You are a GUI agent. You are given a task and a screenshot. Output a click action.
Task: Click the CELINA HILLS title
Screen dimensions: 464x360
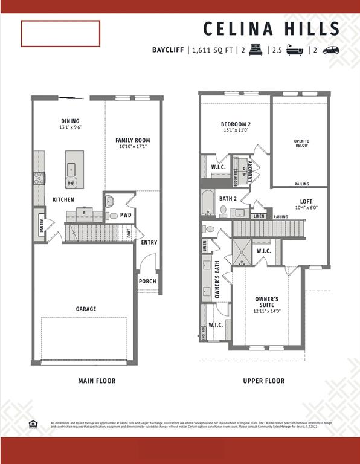tap(271, 28)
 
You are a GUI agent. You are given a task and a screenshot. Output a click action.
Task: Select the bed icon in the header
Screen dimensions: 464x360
tap(254, 50)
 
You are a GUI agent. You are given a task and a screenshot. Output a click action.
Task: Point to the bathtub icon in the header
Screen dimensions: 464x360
tap(294, 50)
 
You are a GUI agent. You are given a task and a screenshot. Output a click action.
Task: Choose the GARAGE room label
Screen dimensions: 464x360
tap(86, 309)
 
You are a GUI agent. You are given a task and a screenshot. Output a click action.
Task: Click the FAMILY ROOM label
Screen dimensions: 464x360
tap(132, 140)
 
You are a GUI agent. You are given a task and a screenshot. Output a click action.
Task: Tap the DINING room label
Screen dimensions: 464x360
tap(70, 121)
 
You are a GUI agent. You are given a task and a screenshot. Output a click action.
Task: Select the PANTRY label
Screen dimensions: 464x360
tap(41, 225)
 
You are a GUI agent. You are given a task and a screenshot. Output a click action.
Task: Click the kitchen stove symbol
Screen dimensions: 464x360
tap(39, 178)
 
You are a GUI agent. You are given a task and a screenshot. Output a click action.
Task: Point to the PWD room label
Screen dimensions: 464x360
tap(126, 214)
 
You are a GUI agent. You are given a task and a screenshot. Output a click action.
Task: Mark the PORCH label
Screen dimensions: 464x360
tap(147, 281)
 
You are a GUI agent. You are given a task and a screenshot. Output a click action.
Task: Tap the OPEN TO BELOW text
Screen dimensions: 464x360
tap(301, 143)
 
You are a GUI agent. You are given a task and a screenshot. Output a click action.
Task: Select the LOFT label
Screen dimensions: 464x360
tap(306, 201)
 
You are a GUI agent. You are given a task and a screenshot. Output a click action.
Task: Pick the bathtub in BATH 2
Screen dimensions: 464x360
tap(208, 203)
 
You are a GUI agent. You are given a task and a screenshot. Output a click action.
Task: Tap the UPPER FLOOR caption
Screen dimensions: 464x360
tap(263, 381)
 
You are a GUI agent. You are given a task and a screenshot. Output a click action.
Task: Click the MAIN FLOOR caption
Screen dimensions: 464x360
tap(97, 381)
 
